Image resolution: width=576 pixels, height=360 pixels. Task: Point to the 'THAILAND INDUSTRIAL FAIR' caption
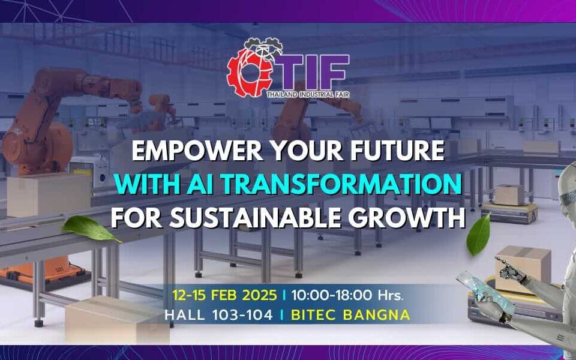[x=308, y=95]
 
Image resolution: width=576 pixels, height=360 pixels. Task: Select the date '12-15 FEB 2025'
[x=224, y=295]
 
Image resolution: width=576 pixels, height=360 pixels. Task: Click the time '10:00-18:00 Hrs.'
[x=347, y=295]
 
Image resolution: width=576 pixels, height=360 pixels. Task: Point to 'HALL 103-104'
[x=218, y=315]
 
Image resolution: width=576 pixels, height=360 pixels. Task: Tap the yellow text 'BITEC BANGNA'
[x=350, y=315]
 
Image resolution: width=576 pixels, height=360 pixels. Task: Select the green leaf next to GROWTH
[x=478, y=235]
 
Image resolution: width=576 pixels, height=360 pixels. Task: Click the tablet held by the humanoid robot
[x=485, y=293]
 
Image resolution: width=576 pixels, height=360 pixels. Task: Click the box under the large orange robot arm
[x=49, y=194]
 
